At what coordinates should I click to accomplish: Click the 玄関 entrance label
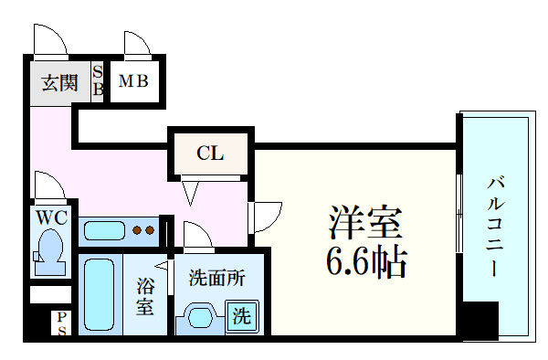(58, 83)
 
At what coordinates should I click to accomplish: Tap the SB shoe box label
(99, 80)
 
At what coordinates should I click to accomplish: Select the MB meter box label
(135, 82)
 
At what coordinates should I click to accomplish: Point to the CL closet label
(211, 153)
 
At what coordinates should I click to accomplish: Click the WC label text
(51, 219)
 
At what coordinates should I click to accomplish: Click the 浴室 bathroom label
(144, 296)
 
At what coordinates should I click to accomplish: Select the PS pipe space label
(62, 324)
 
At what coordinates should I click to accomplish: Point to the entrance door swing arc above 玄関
(50, 40)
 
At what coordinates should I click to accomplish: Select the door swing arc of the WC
(49, 185)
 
